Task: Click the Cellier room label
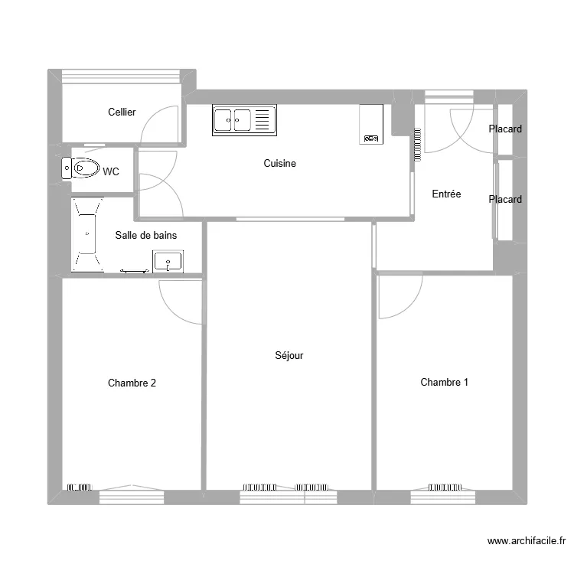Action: (x=122, y=113)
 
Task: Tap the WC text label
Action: (x=111, y=172)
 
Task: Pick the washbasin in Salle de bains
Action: (x=168, y=262)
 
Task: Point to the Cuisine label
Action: (x=279, y=164)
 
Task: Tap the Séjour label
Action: (x=289, y=356)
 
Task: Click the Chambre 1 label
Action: (x=444, y=383)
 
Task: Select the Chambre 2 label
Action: (x=132, y=383)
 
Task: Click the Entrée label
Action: (x=446, y=194)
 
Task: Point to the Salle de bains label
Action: (x=145, y=236)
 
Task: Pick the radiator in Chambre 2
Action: (x=80, y=487)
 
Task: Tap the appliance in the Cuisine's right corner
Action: (x=370, y=124)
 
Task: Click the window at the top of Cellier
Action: (x=122, y=77)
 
